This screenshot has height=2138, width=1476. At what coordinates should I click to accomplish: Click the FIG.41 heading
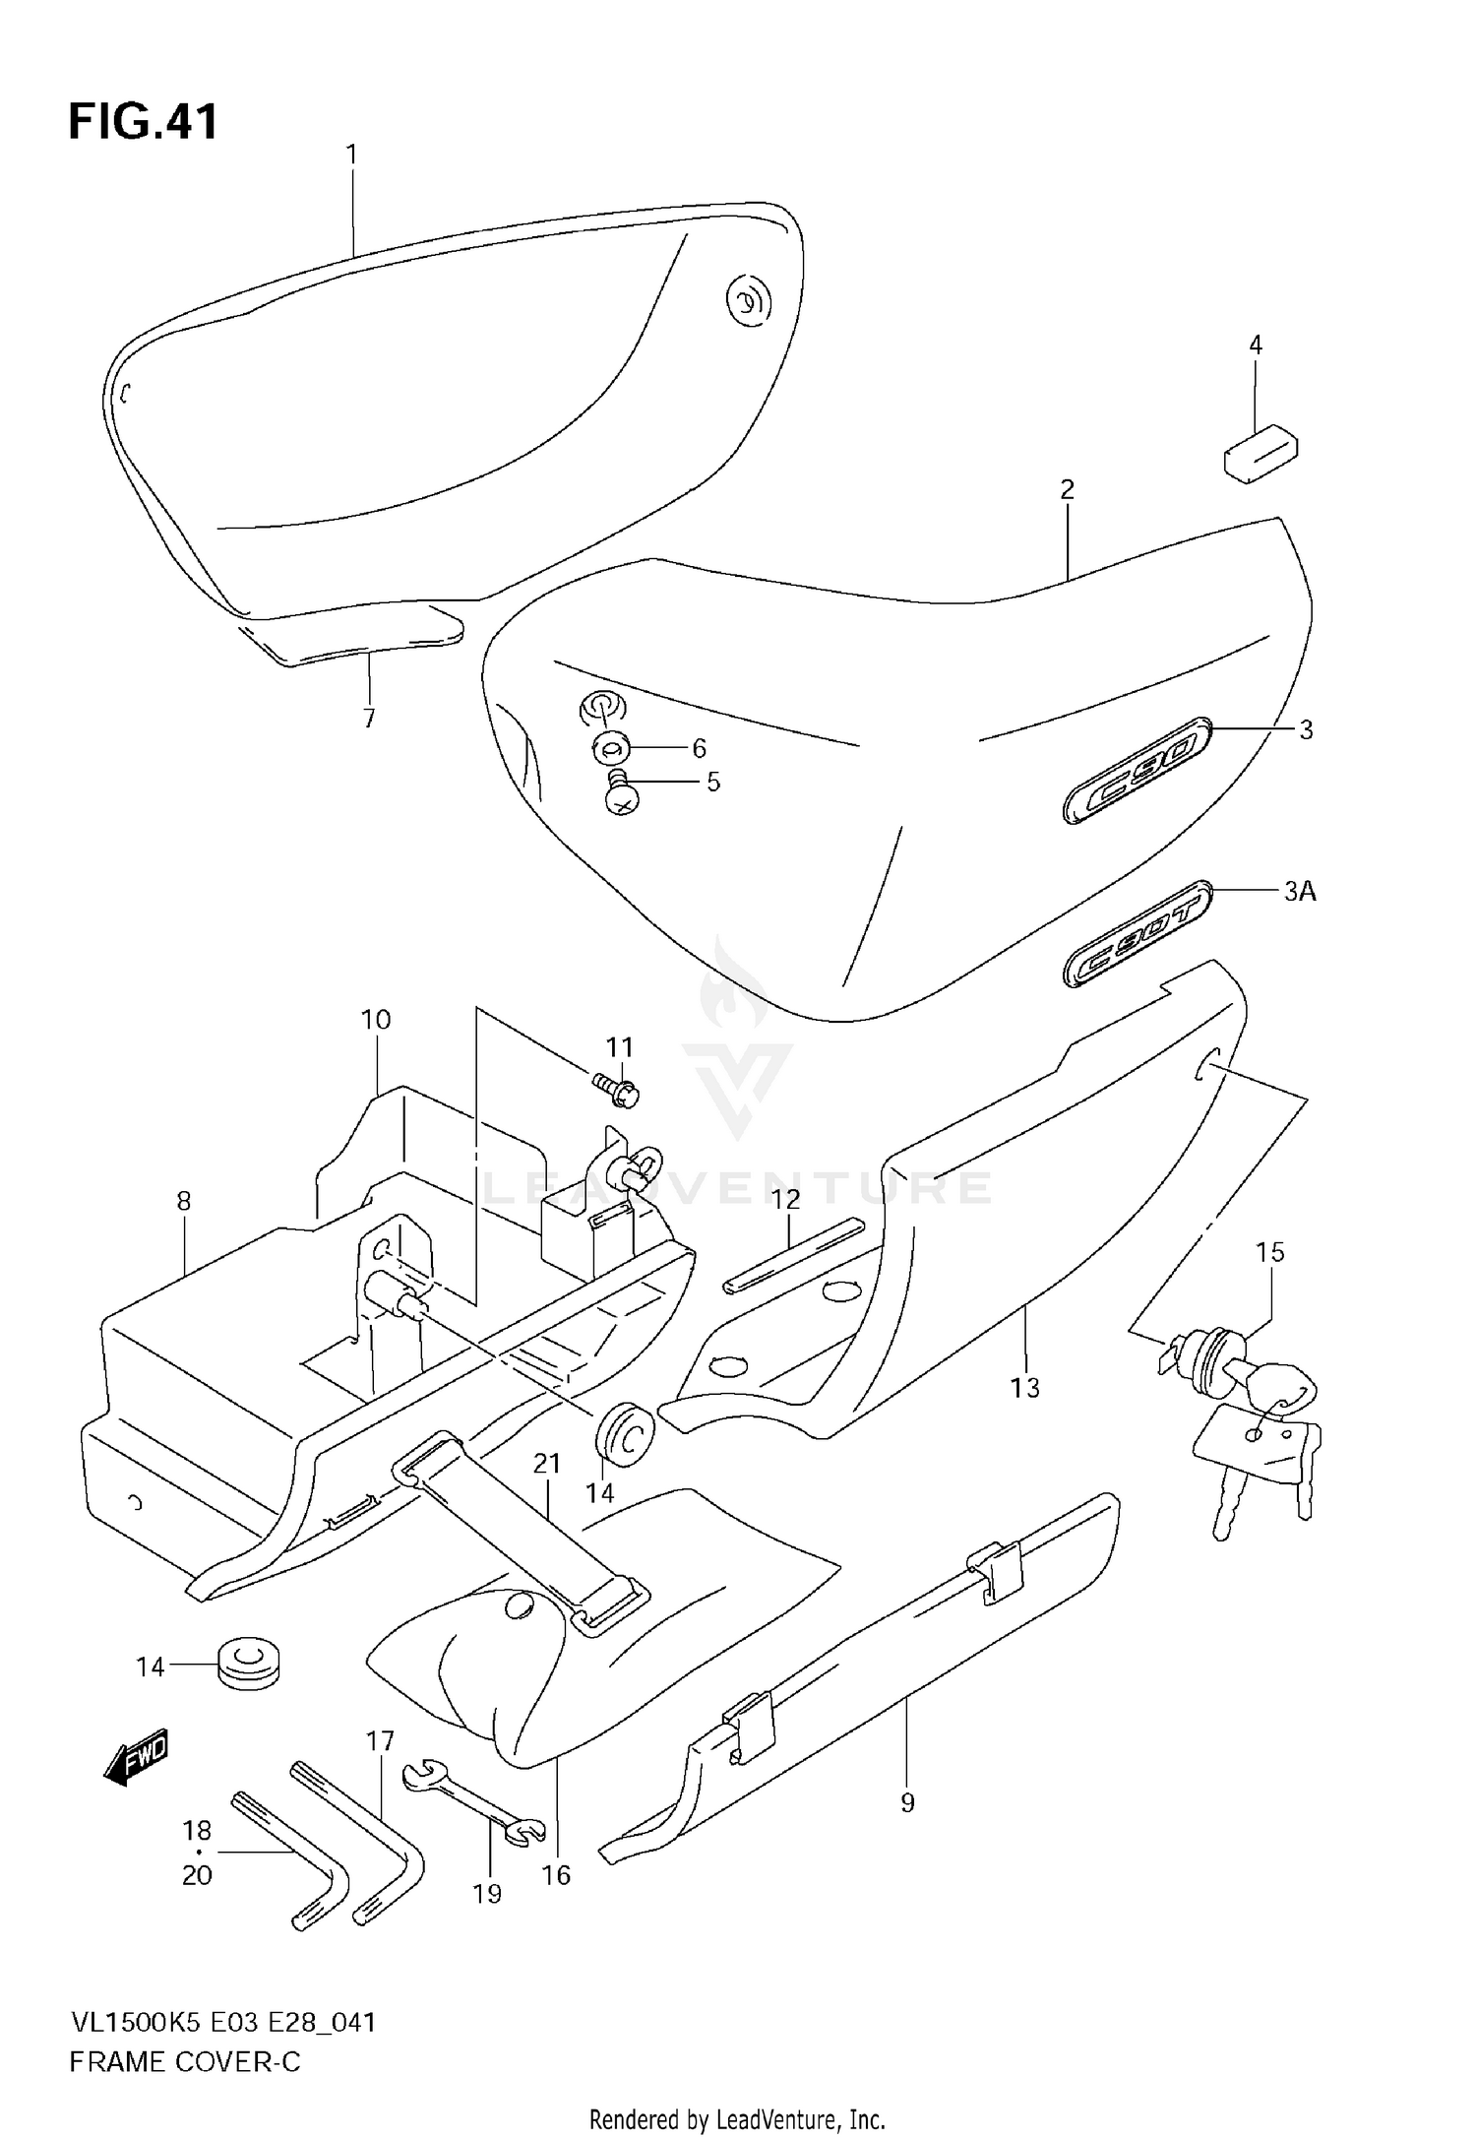tap(143, 123)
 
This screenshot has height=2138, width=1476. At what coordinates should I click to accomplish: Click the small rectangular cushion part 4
tap(1261, 454)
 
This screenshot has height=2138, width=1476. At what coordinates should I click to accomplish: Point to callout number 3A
tap(1299, 892)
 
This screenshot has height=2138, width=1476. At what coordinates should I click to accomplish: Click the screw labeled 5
tap(620, 792)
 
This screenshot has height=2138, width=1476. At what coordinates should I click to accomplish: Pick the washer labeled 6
tap(610, 750)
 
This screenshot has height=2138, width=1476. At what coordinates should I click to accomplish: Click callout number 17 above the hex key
tap(380, 1741)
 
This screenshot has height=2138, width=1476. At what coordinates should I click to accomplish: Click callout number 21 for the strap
tap(546, 1465)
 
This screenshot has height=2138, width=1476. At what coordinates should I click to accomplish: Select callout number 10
tap(376, 1020)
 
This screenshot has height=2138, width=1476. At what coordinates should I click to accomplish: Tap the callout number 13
tap(1024, 1388)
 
